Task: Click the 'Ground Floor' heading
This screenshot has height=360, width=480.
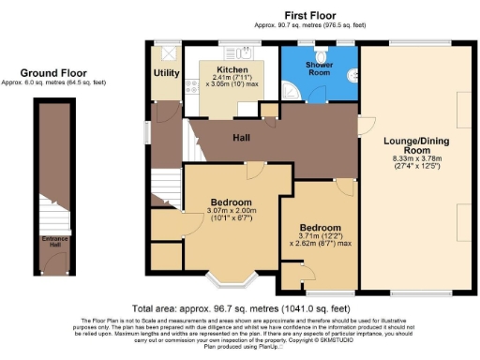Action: (x=55, y=73)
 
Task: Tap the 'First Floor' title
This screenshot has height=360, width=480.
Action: (x=311, y=16)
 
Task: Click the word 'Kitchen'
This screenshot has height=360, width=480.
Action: (x=232, y=70)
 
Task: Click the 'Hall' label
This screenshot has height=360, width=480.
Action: (x=241, y=138)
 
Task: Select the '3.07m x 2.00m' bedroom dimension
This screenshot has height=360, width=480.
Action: (x=231, y=212)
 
